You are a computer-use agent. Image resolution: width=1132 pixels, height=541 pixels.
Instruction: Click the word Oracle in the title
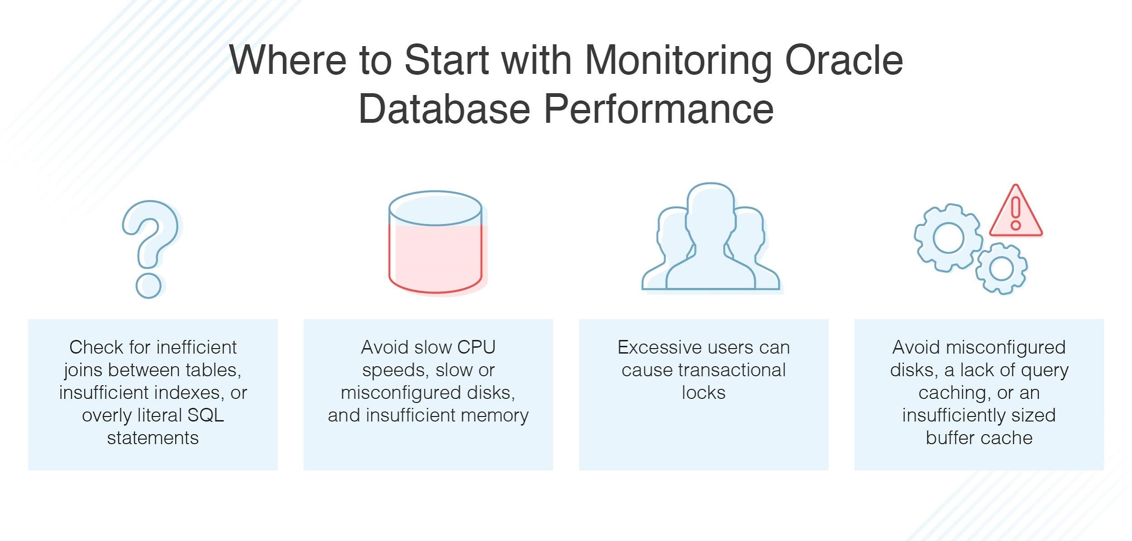(x=844, y=61)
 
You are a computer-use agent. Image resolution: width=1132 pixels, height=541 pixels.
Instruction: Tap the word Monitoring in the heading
(x=678, y=62)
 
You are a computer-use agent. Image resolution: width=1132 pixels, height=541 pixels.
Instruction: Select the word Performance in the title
(x=658, y=109)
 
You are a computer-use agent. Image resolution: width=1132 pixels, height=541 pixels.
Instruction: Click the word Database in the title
(x=444, y=109)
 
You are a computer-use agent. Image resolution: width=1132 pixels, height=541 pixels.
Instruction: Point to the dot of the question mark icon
(x=149, y=285)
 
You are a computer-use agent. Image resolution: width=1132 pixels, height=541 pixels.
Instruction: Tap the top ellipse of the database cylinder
(x=435, y=208)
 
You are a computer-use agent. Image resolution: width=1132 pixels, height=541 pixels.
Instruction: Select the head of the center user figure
(x=710, y=208)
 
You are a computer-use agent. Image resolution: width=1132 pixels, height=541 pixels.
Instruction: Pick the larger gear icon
(x=948, y=238)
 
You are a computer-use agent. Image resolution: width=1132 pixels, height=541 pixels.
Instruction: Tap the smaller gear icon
(x=1001, y=268)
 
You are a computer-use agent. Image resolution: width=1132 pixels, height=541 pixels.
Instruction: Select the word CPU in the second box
(x=476, y=347)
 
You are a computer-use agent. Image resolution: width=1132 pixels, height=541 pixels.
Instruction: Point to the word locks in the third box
(x=703, y=393)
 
